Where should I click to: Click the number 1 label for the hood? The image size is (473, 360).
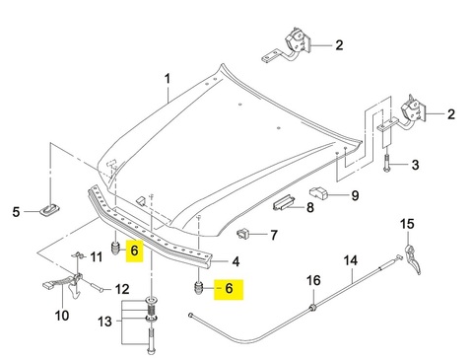click(168, 79)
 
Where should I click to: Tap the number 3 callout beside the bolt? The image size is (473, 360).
click(415, 165)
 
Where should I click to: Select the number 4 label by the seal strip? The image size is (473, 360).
click(236, 261)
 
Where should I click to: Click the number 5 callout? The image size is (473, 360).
click(16, 212)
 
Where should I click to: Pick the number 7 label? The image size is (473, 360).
click(274, 235)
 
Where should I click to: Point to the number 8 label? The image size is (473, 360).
click(310, 207)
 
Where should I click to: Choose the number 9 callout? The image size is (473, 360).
click(355, 195)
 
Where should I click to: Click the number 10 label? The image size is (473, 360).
click(62, 316)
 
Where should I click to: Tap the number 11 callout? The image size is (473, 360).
click(97, 256)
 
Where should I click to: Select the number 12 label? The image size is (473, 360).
click(122, 289)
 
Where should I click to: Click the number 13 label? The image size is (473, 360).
click(104, 322)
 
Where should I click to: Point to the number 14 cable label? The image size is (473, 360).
click(350, 260)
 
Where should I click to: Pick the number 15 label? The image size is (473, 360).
click(407, 224)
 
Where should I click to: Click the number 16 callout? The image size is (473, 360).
click(313, 280)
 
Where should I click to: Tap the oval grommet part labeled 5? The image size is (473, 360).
click(50, 210)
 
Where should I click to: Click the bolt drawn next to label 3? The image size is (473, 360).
click(386, 163)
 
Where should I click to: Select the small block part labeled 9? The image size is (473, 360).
click(319, 192)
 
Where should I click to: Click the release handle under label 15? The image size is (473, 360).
click(412, 259)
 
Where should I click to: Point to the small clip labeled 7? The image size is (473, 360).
click(243, 234)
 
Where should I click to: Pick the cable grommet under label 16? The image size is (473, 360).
click(313, 308)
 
